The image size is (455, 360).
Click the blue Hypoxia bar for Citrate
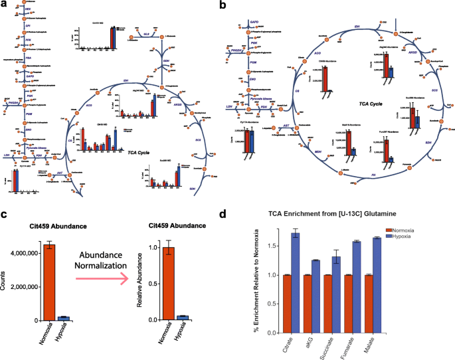(295, 282)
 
